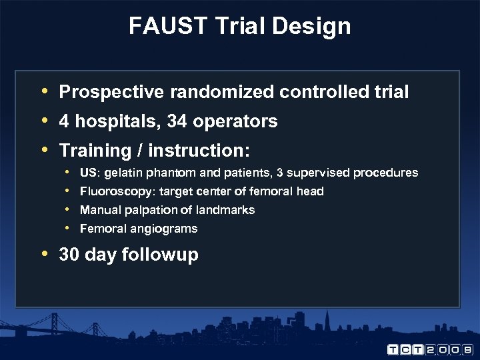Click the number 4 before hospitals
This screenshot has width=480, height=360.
tap(64, 121)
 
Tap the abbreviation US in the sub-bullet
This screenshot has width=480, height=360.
tap(87, 173)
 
